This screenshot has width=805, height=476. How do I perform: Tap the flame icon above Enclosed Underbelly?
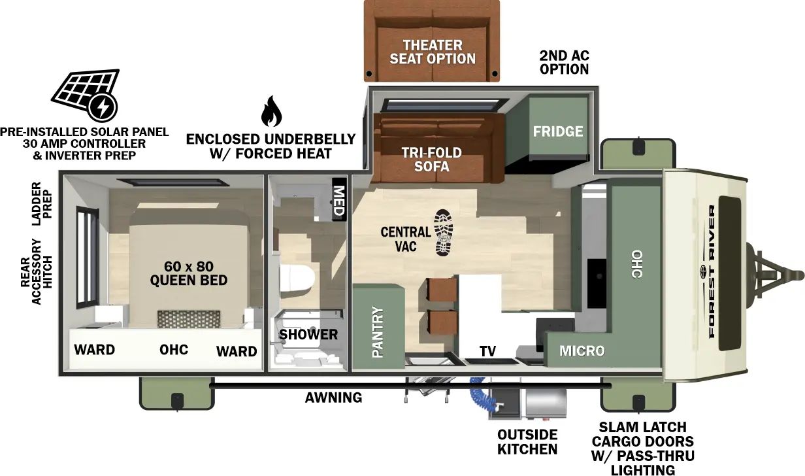(271, 112)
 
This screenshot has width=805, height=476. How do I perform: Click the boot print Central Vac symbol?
(444, 232)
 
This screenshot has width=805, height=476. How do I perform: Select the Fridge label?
(557, 131)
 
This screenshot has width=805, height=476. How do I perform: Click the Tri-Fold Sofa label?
(431, 160)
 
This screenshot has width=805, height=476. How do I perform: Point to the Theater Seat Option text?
(433, 52)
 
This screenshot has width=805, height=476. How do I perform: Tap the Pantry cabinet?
(377, 332)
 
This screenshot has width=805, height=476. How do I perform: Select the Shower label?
(308, 335)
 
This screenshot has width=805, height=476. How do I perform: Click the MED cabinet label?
(339, 199)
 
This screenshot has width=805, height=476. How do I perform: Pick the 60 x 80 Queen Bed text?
(189, 273)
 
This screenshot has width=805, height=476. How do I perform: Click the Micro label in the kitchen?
(582, 351)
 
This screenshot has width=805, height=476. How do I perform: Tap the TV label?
(487, 351)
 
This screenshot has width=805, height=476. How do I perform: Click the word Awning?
(333, 398)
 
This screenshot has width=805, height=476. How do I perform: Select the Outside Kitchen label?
(527, 442)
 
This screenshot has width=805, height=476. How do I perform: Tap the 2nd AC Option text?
(564, 62)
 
